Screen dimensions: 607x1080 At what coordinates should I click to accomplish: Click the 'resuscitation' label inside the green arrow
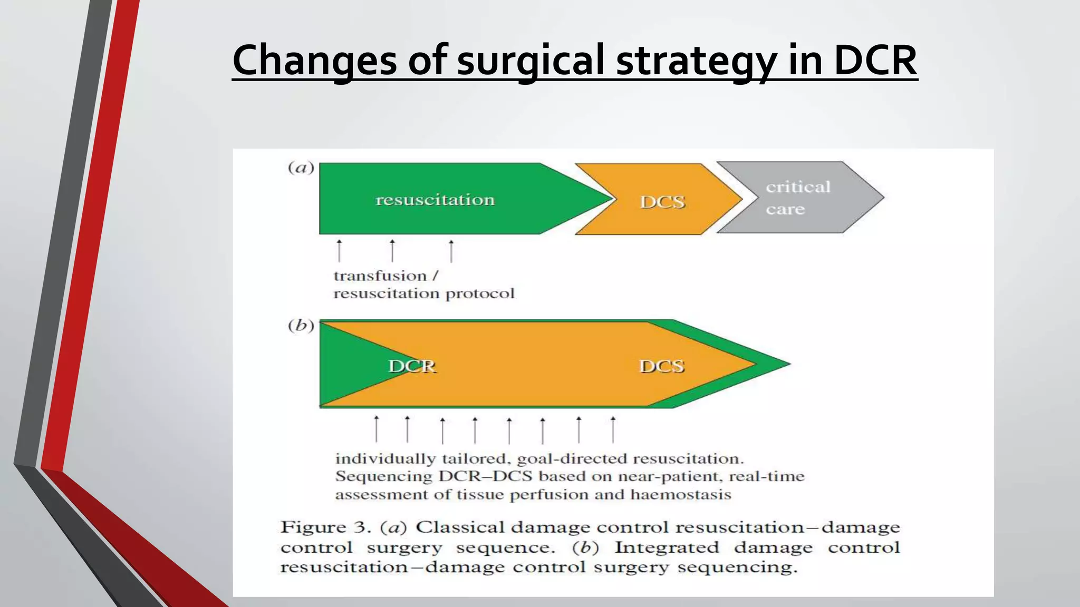point(435,200)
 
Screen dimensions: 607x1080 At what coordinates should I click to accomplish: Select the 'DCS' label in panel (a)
point(662,202)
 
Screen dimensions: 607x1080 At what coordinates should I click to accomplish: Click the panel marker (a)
point(301,168)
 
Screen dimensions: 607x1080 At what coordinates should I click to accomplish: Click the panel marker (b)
point(301,326)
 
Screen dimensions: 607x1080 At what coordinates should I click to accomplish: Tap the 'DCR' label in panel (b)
point(412,366)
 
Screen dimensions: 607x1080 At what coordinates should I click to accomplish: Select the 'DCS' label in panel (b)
point(662,366)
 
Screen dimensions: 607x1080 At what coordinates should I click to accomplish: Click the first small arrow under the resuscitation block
point(339,251)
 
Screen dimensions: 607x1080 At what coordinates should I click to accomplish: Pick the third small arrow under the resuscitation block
point(451,251)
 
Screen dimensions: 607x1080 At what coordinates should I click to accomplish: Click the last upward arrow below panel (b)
point(613,429)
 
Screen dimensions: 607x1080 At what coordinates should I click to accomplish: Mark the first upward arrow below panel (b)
point(376,429)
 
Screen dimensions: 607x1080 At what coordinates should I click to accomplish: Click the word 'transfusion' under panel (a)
point(380,276)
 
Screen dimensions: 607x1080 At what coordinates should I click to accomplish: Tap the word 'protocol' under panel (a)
point(480,294)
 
